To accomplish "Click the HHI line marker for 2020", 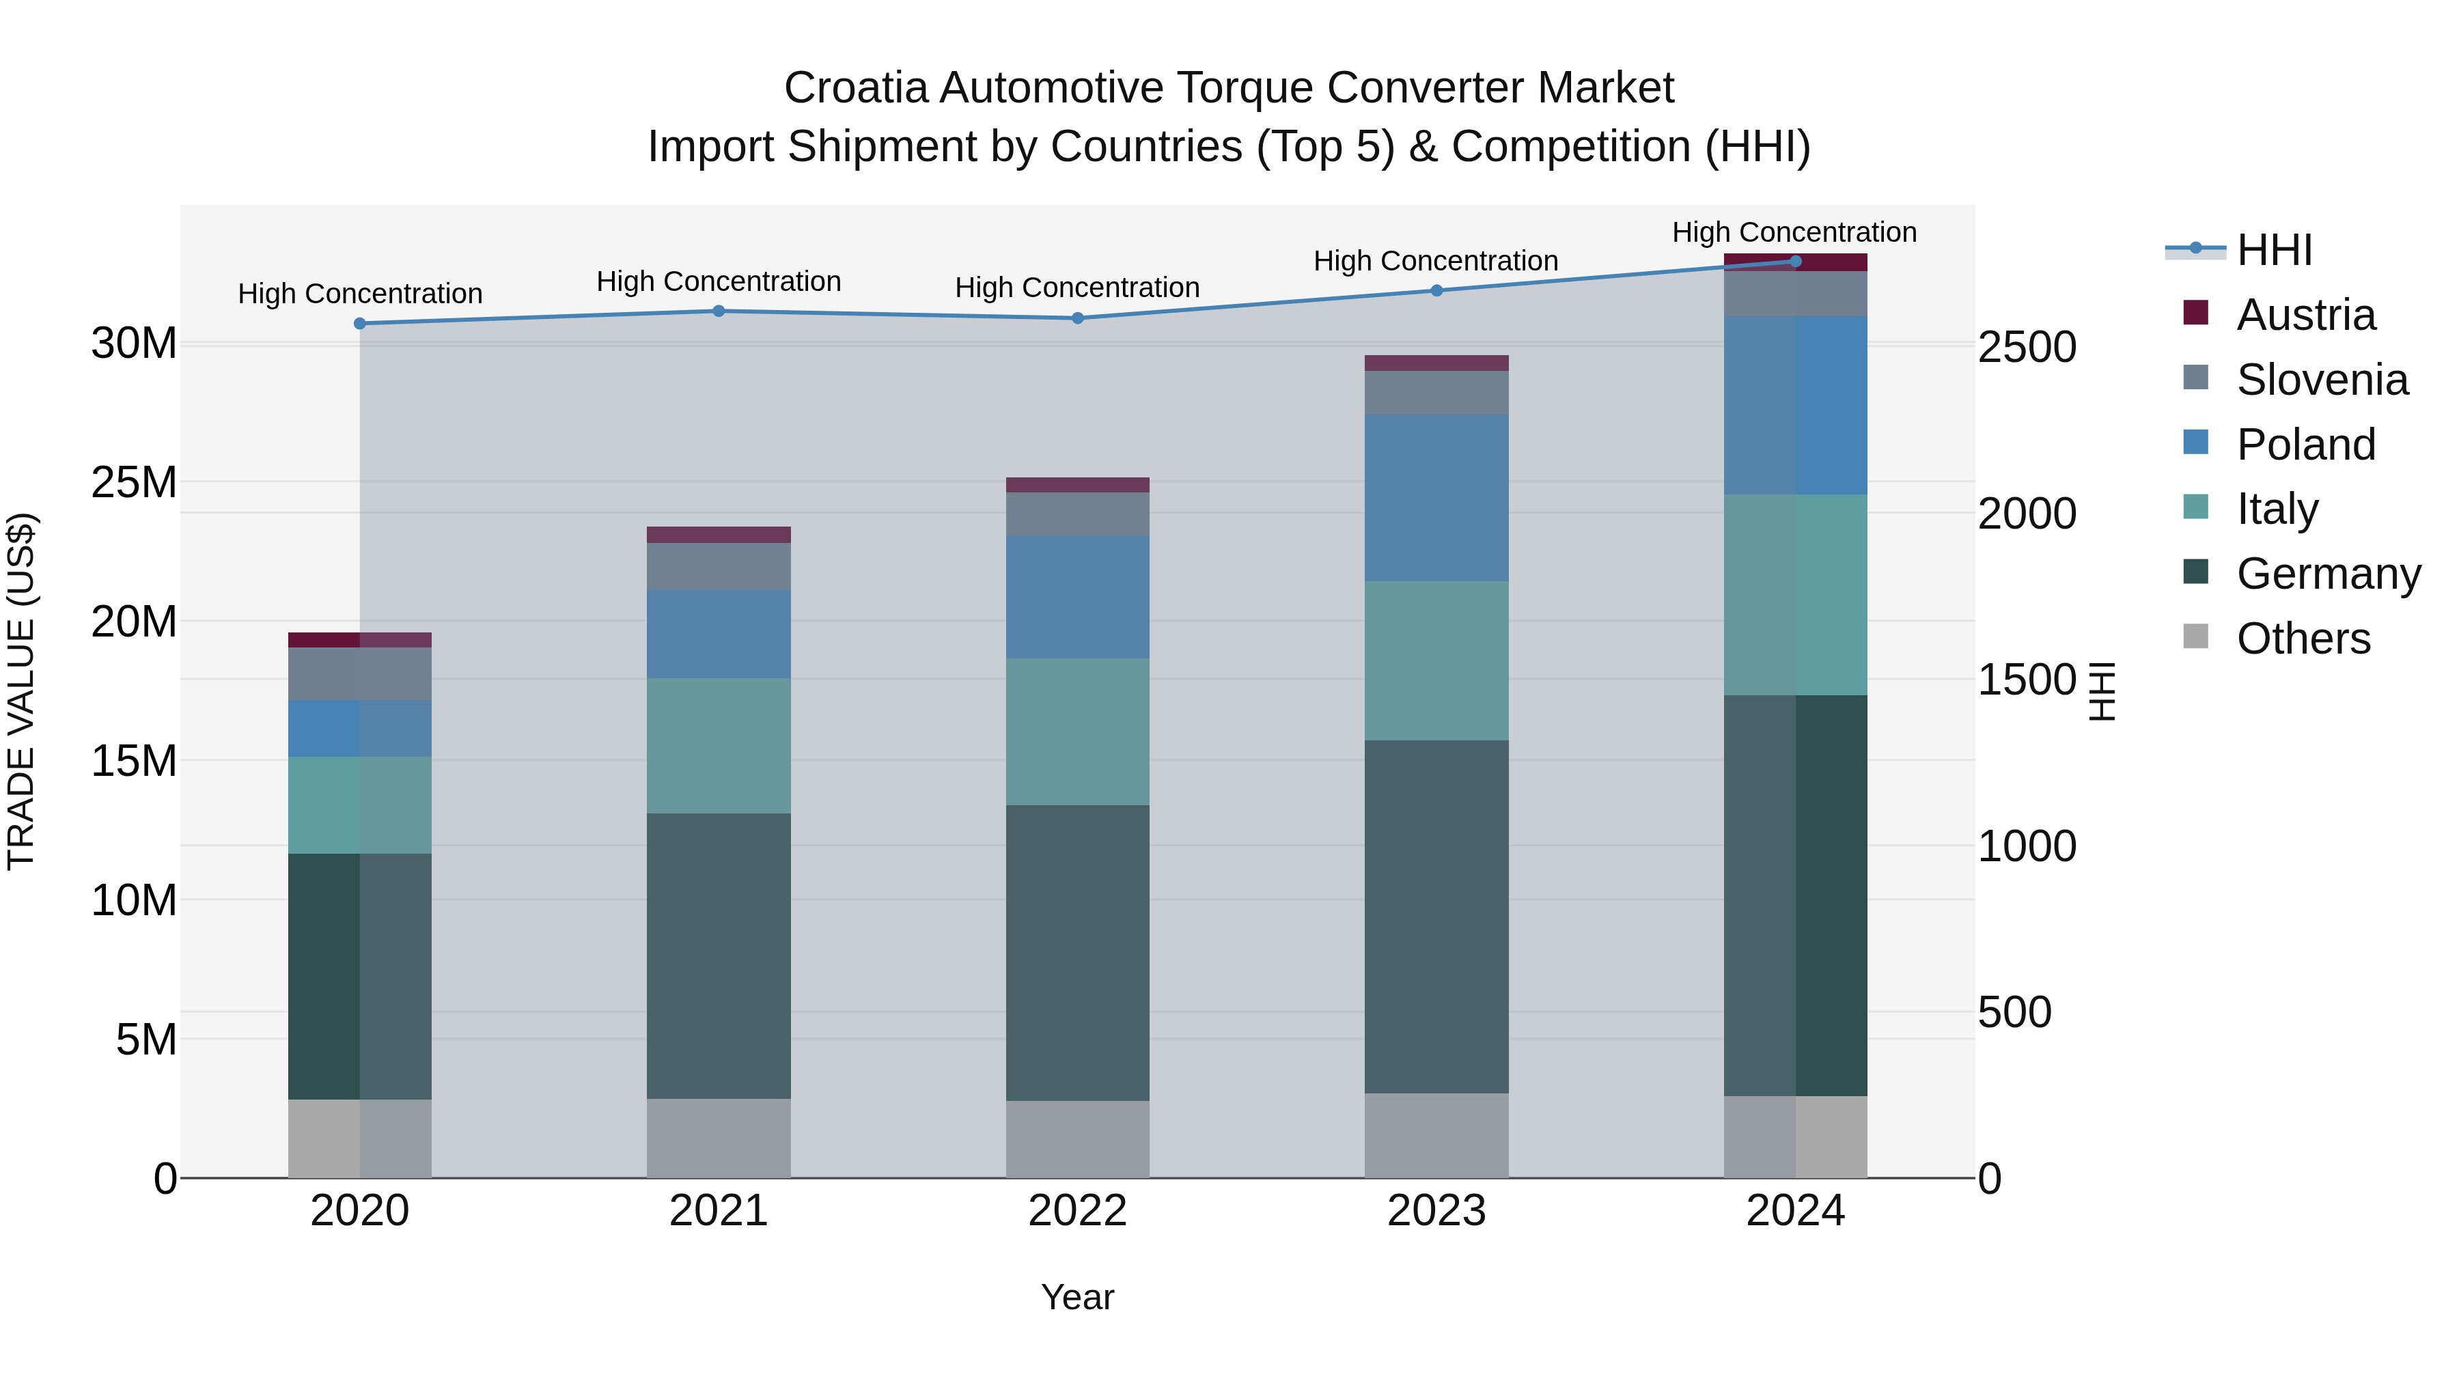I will [x=360, y=324].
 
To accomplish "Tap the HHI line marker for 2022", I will [x=1078, y=318].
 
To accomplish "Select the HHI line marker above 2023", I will [x=1436, y=290].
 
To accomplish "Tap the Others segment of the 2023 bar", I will [x=1436, y=1135].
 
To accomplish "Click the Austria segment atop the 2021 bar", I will [x=719, y=535].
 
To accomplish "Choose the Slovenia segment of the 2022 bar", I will [x=1078, y=514].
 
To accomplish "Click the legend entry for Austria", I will [x=2305, y=315].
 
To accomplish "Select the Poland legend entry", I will [x=2305, y=445].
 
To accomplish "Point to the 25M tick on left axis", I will [x=134, y=483].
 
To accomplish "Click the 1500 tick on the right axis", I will [x=2027, y=680].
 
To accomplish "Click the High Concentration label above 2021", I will [x=719, y=281].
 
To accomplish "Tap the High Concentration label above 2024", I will [x=1794, y=232].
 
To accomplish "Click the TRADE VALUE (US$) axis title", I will [x=21, y=691].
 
